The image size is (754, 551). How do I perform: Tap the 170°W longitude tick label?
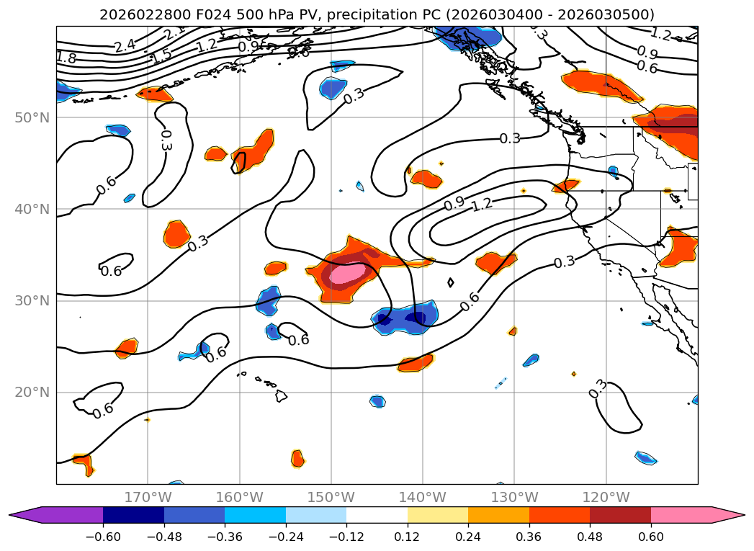[148, 497]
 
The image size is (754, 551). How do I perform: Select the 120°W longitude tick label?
[606, 497]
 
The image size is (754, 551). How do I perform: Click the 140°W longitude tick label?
[423, 497]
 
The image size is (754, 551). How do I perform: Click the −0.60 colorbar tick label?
[103, 538]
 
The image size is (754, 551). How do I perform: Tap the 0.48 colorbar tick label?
[590, 538]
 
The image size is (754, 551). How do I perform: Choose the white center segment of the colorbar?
[377, 515]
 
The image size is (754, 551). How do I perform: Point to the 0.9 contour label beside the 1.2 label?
[454, 205]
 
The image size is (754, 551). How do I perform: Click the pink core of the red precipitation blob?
[346, 274]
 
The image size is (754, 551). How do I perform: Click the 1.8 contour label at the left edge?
[66, 58]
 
